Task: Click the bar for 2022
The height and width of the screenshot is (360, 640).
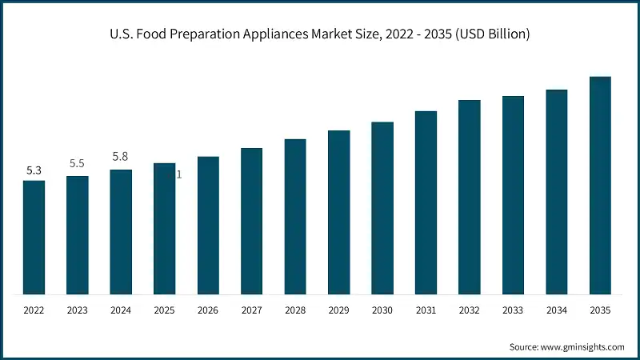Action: (x=34, y=238)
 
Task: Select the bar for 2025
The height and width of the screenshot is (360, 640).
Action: (x=165, y=229)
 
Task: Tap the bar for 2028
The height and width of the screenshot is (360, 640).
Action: (x=295, y=217)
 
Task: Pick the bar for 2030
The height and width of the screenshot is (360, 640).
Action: (x=382, y=208)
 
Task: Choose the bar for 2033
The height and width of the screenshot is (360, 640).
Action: (x=513, y=195)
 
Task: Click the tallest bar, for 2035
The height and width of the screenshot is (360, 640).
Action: (x=600, y=186)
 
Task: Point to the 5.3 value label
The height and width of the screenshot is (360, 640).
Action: (x=34, y=170)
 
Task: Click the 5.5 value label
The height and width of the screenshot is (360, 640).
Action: (x=78, y=163)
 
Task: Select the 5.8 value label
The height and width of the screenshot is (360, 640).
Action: (x=121, y=157)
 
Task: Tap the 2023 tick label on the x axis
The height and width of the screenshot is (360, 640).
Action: (x=78, y=309)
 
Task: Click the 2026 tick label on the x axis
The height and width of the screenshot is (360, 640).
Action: (x=208, y=309)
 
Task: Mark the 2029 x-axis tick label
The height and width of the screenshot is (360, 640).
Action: (x=339, y=309)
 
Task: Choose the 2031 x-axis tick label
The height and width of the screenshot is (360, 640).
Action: (x=426, y=309)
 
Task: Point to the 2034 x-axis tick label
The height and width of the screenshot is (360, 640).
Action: (x=557, y=309)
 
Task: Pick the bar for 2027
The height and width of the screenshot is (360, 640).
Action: (x=252, y=222)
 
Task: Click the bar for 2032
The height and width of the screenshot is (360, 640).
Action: (x=470, y=197)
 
